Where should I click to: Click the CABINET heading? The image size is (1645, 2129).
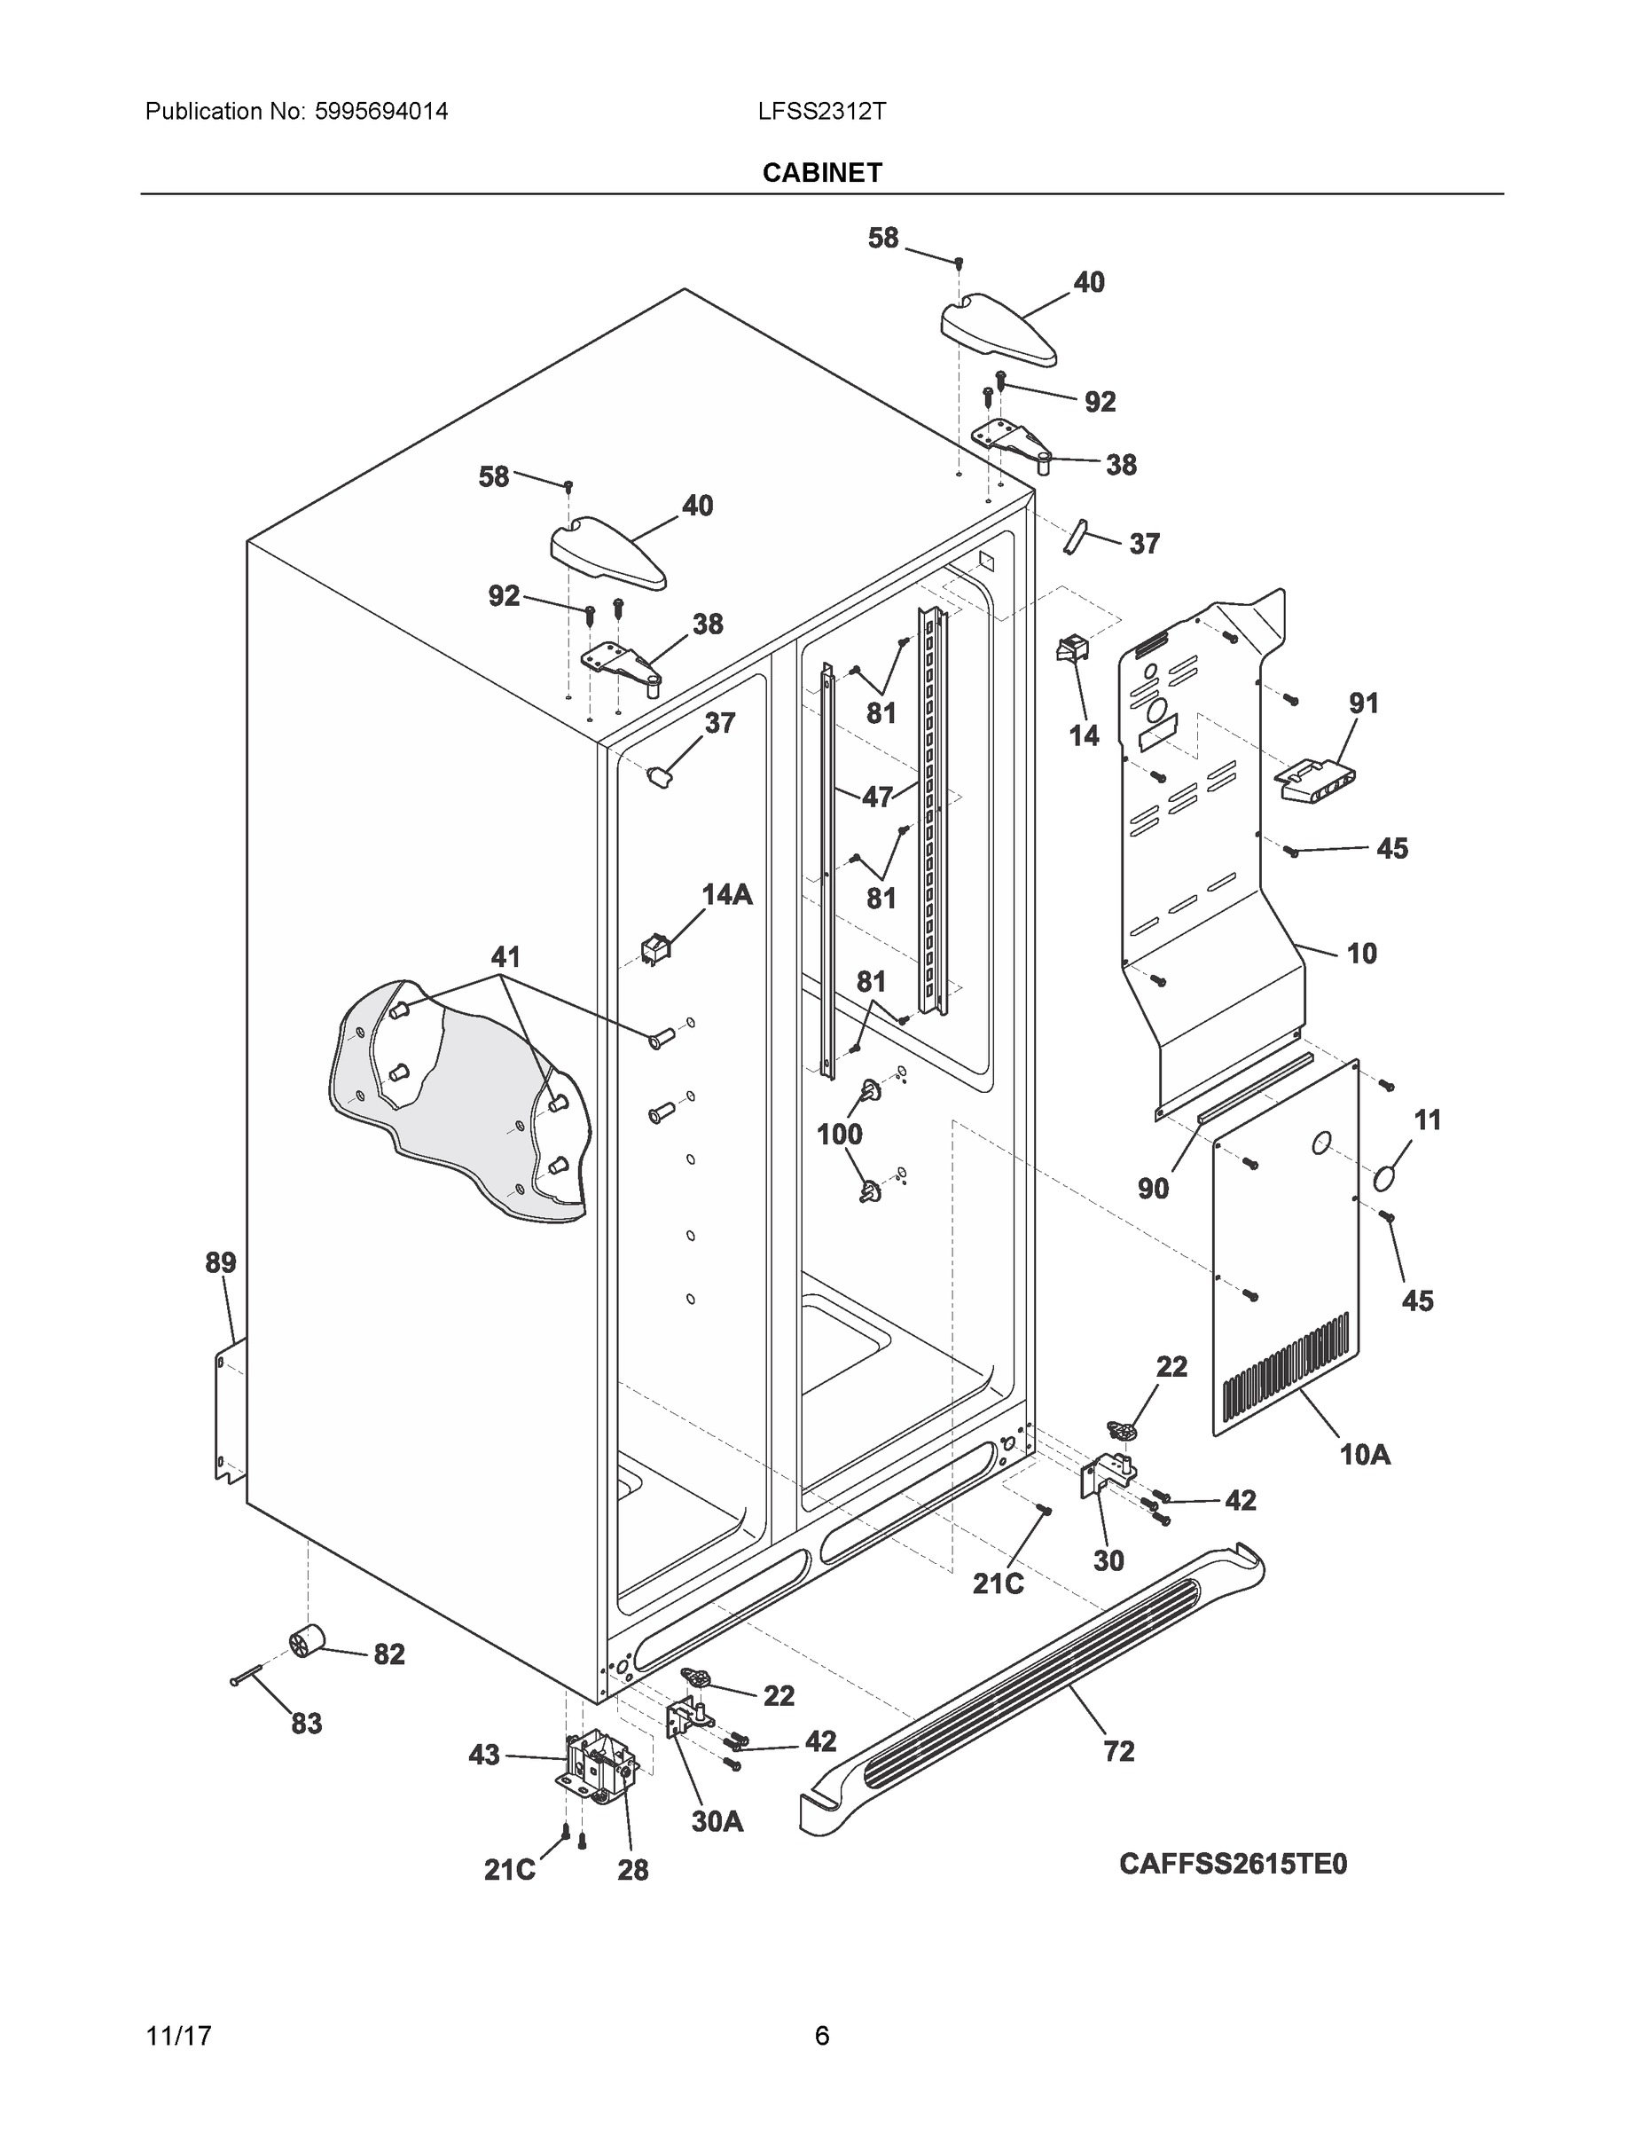pos(821,173)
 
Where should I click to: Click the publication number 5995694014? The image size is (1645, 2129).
pos(381,111)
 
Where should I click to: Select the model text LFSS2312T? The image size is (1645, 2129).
pos(821,111)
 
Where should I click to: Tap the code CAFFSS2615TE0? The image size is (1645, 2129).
pos(1232,1864)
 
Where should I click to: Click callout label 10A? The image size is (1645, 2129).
pos(1365,1456)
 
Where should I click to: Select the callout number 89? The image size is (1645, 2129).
pos(220,1263)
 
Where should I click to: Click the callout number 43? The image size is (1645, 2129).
pos(484,1756)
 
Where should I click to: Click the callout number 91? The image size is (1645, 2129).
pos(1363,703)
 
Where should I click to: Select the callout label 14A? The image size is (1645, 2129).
pos(727,895)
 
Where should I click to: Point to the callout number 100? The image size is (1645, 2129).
pos(839,1134)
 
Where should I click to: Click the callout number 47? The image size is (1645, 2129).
pos(877,797)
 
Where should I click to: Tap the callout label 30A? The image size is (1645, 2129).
pos(717,1821)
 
